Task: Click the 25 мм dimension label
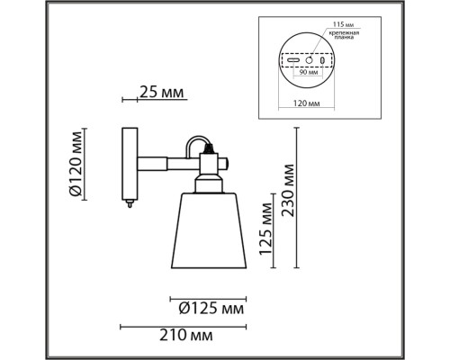(161, 93)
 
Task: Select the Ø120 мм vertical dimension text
(76, 164)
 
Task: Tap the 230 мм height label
(288, 190)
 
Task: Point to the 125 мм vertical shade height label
(265, 229)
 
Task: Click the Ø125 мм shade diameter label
(211, 308)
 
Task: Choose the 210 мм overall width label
(186, 335)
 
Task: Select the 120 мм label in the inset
(306, 103)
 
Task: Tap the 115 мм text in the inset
(343, 24)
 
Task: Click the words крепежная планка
(344, 35)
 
